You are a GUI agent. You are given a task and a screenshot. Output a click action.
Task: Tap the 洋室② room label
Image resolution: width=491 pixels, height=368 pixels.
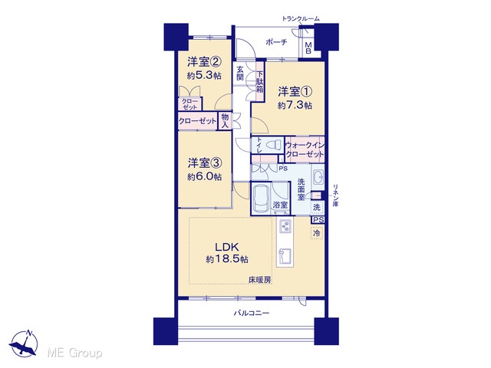coord(205,62)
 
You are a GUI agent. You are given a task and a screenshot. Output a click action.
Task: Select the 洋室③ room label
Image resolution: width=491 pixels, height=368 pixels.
coord(205,163)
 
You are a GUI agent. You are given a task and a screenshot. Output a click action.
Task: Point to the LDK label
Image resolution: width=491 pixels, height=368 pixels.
coord(227,247)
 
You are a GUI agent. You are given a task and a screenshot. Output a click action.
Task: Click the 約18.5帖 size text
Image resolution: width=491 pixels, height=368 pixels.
coord(227,259)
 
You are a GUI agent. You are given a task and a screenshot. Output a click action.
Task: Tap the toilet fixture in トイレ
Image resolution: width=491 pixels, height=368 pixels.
coord(272,145)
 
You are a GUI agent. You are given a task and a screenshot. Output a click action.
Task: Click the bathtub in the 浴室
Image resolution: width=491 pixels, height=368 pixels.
coord(261,199)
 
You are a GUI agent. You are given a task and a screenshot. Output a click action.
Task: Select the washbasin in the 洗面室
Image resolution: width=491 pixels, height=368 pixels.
coord(318,178)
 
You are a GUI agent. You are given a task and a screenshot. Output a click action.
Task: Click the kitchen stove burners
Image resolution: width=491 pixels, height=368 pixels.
coord(285,227)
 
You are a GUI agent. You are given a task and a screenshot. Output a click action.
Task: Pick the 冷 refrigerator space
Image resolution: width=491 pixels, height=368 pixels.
coord(317,233)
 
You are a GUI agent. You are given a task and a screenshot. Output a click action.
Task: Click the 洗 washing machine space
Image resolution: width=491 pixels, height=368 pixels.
coord(317,207)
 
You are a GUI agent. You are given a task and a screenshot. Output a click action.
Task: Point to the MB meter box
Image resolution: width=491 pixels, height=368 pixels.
coord(308,48)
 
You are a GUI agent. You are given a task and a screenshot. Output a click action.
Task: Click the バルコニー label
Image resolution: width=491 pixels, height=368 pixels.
coord(252,313)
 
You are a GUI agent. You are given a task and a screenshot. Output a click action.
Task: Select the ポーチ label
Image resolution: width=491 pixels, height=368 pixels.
coord(276,42)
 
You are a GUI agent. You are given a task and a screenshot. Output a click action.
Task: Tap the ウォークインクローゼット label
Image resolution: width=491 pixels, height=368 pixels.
coord(305,149)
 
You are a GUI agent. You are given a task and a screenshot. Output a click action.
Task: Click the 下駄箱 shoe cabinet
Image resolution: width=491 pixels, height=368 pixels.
coord(260,81)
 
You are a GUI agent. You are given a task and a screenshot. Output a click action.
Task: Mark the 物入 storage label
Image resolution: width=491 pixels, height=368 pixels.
coord(225,121)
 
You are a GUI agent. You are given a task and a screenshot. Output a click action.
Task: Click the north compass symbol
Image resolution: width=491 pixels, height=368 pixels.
coord(24,343)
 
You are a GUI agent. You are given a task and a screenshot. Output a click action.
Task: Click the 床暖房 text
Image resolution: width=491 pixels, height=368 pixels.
coord(260,281)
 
